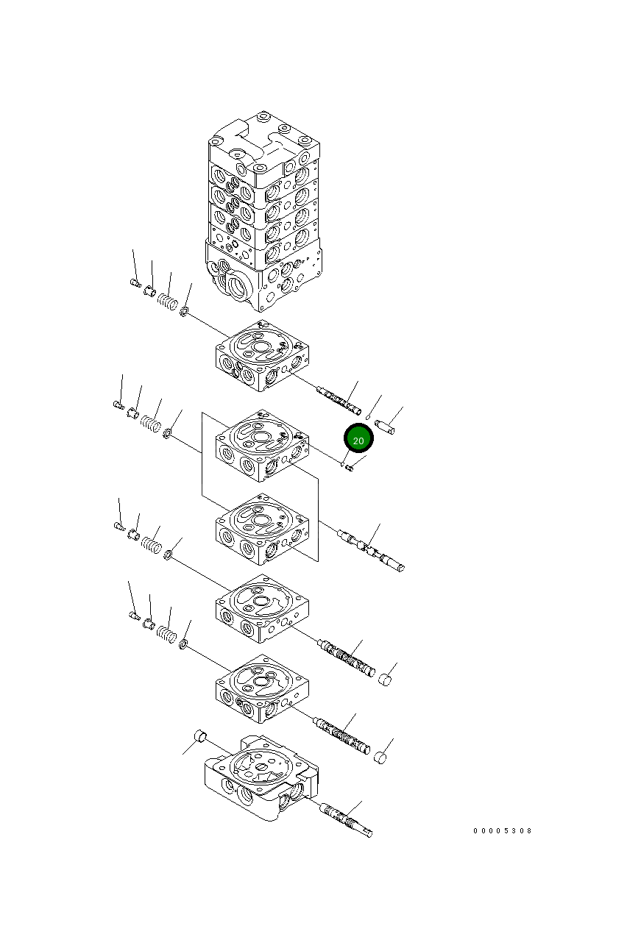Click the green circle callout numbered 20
pyautogui.click(x=358, y=440)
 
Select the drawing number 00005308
pyautogui.click(x=502, y=831)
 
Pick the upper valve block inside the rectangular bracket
pyautogui.click(x=262, y=445)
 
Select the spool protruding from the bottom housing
pyautogui.click(x=346, y=819)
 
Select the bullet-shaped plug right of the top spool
pyautogui.click(x=386, y=426)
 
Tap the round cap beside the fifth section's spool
pyautogui.click(x=380, y=758)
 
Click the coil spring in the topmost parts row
pyautogui.click(x=167, y=301)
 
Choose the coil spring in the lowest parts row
pyautogui.click(x=167, y=633)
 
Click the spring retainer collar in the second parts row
pyautogui.click(x=134, y=413)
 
